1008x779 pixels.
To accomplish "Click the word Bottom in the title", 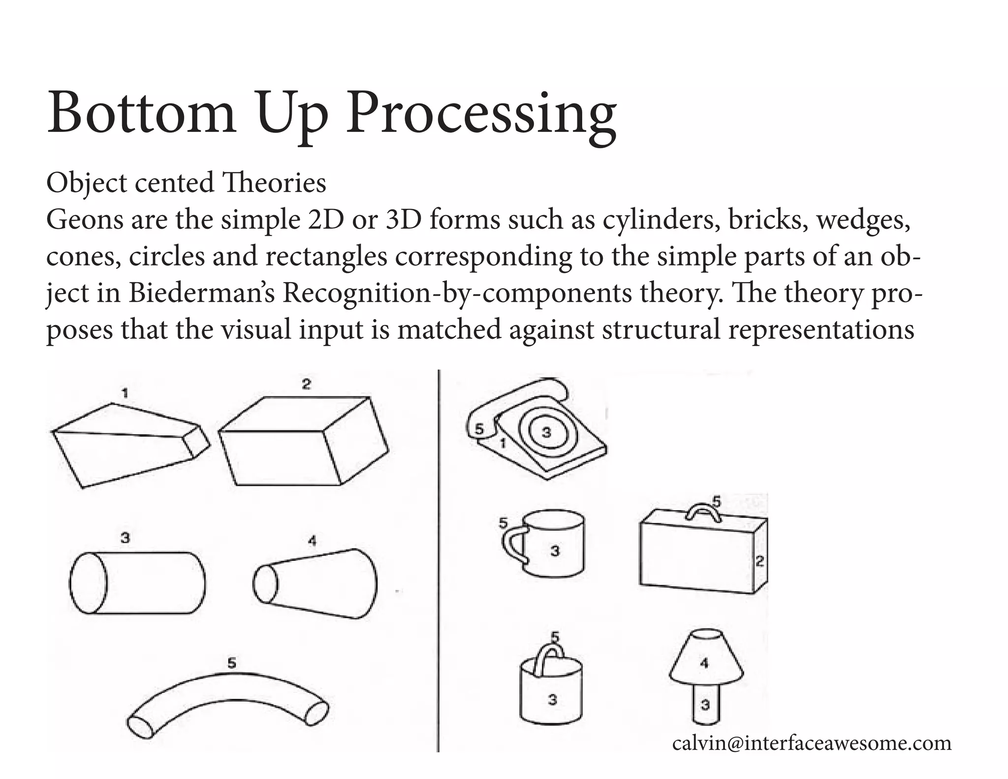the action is [141, 114].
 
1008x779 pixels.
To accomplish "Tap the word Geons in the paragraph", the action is [84, 219].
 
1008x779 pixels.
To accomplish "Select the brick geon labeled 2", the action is [303, 443].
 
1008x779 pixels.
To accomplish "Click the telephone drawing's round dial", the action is [546, 433].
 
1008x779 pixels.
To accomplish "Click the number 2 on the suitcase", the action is [759, 561].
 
